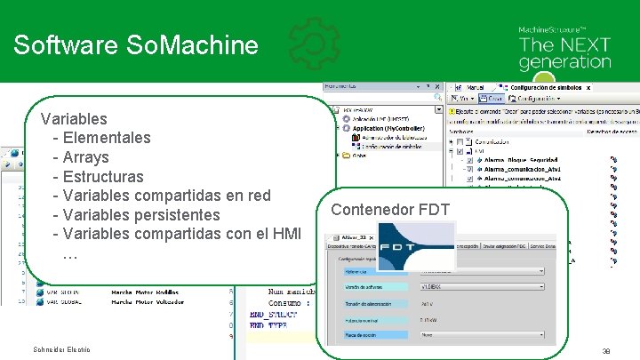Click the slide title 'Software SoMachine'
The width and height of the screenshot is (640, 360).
136,45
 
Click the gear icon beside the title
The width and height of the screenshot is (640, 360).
314,44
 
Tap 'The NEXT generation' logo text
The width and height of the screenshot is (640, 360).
564,53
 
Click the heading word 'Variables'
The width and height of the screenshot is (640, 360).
74,118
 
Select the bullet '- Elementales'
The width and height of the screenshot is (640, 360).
102,138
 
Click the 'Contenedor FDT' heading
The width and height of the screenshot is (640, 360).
390,210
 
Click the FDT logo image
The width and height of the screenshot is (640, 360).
416,246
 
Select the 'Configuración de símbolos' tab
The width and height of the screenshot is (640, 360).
550,89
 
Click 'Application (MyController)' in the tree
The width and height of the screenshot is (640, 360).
388,128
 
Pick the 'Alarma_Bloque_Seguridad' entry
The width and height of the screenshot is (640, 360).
522,161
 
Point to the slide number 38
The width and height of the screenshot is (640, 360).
605,350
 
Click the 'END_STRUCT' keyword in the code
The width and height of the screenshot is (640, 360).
270,314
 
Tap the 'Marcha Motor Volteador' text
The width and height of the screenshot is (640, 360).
148,301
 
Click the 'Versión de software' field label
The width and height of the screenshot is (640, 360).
361,287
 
